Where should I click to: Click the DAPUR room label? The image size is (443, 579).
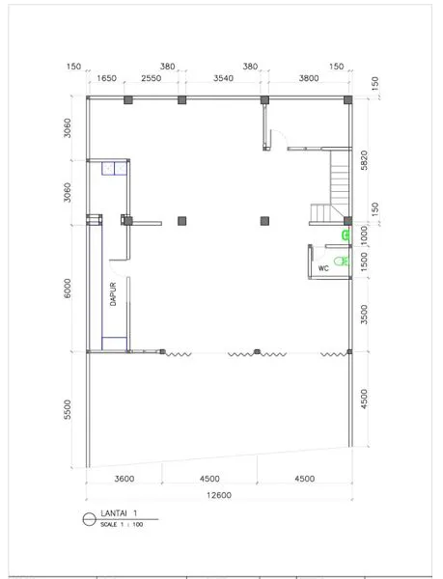(113, 294)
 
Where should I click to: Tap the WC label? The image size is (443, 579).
(323, 268)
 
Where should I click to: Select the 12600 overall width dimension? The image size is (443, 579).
(219, 495)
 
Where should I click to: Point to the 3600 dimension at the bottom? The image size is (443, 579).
(125, 479)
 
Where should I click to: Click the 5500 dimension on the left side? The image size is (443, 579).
(68, 409)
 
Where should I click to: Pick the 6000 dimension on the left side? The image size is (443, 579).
(68, 289)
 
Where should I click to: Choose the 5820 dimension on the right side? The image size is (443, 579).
(364, 160)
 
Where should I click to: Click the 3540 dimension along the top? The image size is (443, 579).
(223, 78)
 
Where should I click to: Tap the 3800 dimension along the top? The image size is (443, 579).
(309, 78)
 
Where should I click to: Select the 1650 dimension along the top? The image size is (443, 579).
(106, 78)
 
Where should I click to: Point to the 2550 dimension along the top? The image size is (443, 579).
(152, 78)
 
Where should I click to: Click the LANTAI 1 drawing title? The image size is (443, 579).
(119, 513)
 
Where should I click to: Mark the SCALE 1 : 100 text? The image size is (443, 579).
(122, 524)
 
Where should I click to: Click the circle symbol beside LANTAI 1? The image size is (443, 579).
(89, 519)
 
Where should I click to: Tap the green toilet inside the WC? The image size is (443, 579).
(342, 262)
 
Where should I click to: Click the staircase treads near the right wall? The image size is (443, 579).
(340, 183)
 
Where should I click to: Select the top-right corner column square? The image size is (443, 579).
(347, 99)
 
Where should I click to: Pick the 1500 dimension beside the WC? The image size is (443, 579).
(364, 262)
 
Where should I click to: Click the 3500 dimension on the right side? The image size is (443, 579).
(364, 315)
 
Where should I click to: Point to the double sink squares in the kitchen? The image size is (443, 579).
(115, 168)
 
